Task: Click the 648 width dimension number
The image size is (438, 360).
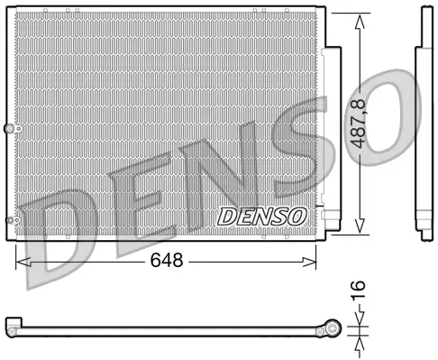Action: point(168,261)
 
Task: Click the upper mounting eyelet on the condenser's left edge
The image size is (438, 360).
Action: point(10,129)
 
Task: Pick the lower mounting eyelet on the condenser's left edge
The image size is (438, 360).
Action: point(10,221)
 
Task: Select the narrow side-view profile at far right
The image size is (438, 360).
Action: point(422,126)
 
